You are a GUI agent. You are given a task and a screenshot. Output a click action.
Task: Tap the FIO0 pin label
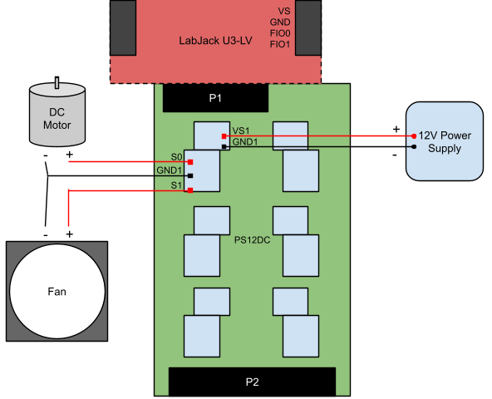click(x=280, y=33)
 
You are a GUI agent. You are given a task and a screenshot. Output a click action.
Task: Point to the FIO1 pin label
click(x=280, y=44)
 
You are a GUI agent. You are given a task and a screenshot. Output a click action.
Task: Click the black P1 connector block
click(x=215, y=99)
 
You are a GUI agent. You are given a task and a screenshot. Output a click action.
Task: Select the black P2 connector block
click(x=252, y=382)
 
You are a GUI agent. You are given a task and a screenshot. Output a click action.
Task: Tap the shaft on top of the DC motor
click(x=57, y=82)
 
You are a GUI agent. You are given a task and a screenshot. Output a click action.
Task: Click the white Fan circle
click(x=57, y=291)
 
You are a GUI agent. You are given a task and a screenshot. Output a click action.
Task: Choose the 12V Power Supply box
click(x=444, y=141)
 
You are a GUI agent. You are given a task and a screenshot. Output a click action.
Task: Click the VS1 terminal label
click(x=241, y=131)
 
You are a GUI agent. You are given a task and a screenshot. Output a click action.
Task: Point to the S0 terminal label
click(x=175, y=157)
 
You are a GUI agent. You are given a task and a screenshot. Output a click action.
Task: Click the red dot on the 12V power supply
click(x=414, y=135)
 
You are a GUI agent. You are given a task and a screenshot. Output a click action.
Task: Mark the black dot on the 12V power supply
click(x=414, y=147)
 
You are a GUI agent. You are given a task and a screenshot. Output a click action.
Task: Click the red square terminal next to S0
click(x=190, y=162)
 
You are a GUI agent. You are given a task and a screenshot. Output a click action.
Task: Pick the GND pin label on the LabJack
click(x=280, y=22)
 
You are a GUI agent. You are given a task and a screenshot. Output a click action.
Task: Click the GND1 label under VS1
click(x=244, y=142)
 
